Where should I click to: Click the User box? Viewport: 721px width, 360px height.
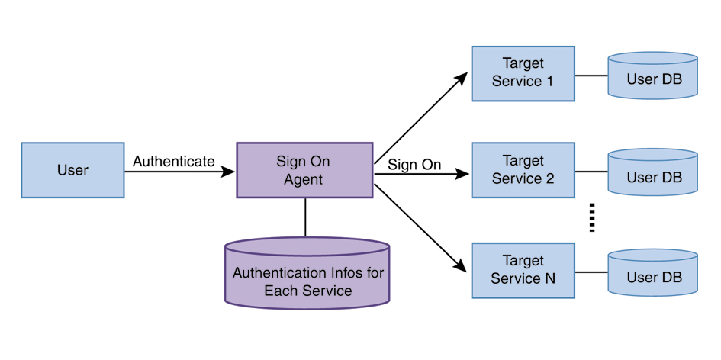click(72, 170)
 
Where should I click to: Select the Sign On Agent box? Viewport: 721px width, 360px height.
click(304, 170)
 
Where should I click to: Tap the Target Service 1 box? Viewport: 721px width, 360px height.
click(523, 73)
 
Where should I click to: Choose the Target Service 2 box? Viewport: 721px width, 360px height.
click(523, 170)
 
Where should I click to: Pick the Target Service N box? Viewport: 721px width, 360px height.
click(523, 270)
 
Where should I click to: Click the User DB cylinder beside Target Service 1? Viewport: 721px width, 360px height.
click(653, 76)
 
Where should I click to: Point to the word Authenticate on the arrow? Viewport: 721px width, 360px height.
click(174, 162)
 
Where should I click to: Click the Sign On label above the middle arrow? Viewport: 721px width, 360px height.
click(414, 165)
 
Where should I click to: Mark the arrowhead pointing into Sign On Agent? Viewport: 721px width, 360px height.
click(228, 172)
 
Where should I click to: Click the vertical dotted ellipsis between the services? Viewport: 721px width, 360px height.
click(591, 218)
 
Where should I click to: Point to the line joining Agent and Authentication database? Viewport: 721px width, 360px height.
click(305, 218)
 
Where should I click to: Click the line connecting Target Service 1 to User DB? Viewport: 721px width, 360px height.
click(591, 76)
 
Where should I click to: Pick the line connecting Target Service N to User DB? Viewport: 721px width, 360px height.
click(591, 272)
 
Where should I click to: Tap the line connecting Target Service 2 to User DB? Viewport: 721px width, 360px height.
click(591, 172)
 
